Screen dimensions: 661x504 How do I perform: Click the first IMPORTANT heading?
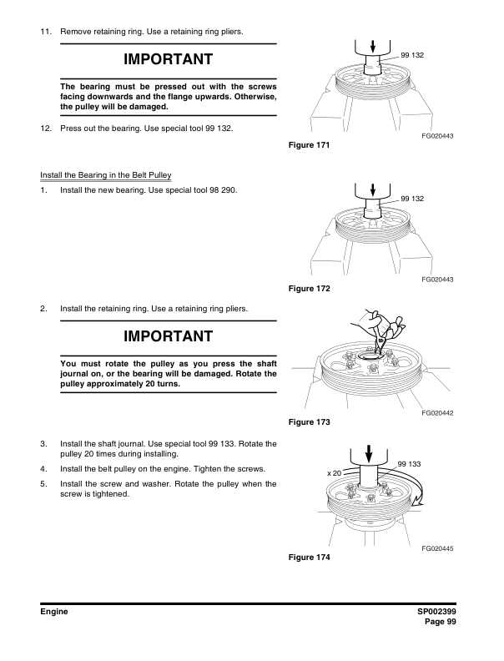click(x=168, y=60)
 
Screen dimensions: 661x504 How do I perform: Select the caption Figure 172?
click(x=309, y=289)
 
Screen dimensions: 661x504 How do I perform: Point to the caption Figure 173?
click(x=309, y=423)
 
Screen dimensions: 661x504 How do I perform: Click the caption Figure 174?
click(x=309, y=558)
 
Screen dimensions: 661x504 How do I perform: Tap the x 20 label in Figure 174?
click(x=335, y=473)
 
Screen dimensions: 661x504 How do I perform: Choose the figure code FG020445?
click(x=437, y=547)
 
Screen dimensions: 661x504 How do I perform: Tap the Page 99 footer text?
click(x=443, y=623)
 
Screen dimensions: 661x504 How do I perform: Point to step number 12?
click(x=46, y=129)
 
